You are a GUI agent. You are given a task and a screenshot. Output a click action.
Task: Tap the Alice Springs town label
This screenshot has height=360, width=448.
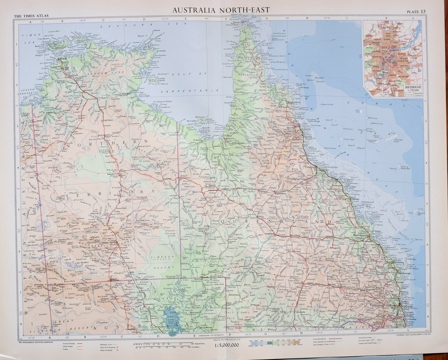115,243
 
